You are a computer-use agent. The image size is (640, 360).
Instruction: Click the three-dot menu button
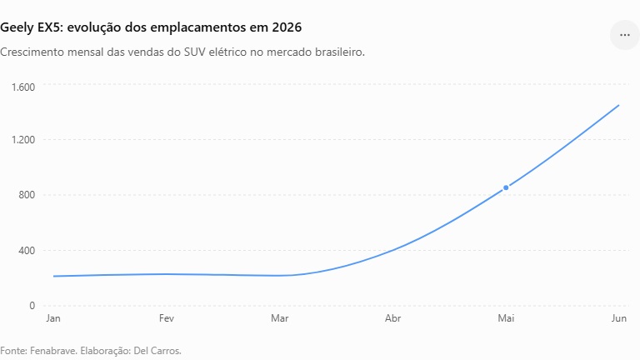[x=624, y=35]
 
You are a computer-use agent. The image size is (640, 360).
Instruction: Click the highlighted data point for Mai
[x=506, y=187]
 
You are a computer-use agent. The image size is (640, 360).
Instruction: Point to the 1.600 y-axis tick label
[x=23, y=87]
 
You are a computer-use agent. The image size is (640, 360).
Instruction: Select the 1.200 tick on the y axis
[x=23, y=140]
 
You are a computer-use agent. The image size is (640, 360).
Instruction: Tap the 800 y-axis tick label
[x=27, y=195]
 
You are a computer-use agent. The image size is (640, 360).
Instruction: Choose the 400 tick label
[x=27, y=250]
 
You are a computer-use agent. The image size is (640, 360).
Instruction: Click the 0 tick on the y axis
[x=32, y=306]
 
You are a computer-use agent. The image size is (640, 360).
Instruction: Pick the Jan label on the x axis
[x=53, y=318]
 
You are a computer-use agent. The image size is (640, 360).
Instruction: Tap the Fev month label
[x=167, y=318]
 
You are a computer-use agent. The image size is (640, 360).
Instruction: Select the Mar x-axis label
[x=280, y=318]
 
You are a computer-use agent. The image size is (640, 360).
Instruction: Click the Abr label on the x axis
[x=392, y=318]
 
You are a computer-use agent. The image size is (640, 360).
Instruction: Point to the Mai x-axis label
[x=506, y=318]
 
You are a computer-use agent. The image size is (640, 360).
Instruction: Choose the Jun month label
[x=619, y=318]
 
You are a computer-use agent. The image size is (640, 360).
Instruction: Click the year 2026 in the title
[x=287, y=27]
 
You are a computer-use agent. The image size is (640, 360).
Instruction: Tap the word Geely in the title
[x=16, y=27]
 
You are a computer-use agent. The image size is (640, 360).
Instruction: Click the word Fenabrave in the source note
[x=53, y=351]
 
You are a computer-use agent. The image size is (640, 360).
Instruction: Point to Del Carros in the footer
[x=157, y=351]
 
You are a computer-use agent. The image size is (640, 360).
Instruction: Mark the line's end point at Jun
[x=619, y=105]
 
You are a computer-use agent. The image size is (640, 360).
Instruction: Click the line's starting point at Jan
[x=54, y=277]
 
